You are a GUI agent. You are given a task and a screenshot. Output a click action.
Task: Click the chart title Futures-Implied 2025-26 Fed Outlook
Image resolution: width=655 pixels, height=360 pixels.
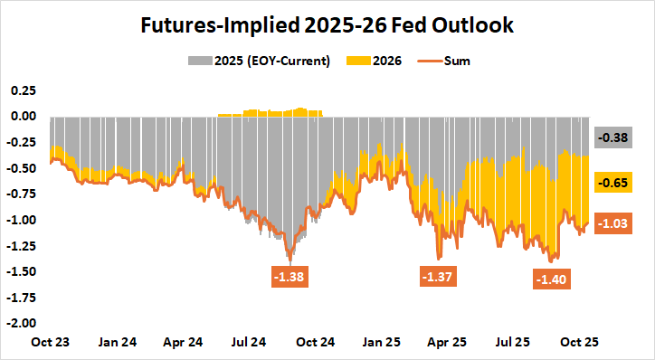327,25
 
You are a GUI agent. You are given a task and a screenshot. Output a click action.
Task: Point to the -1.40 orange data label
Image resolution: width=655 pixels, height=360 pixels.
551,279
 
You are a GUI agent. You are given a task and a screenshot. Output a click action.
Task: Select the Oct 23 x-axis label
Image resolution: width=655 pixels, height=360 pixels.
52,343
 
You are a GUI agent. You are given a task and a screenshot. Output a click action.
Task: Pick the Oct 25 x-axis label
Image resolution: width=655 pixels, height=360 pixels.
582,343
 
